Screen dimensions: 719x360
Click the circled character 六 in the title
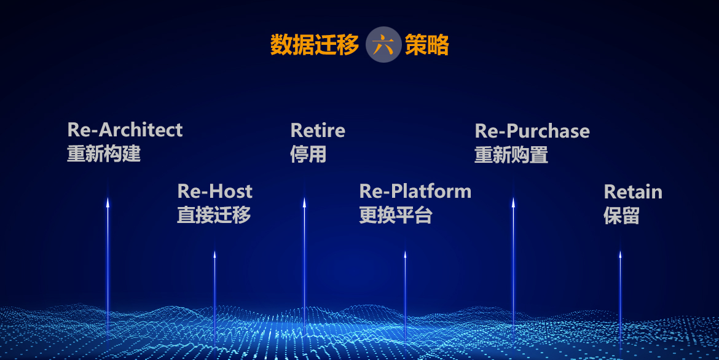[383, 44]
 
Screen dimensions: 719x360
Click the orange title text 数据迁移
[315, 45]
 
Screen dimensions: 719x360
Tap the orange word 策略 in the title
[427, 45]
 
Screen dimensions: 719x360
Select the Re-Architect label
[125, 130]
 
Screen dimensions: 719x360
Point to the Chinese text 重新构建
[104, 154]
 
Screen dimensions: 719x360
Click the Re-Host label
[214, 191]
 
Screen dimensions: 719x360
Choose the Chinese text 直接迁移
[214, 215]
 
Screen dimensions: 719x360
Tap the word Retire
[318, 131]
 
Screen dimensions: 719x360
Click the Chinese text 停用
[308, 155]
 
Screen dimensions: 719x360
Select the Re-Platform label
[415, 191]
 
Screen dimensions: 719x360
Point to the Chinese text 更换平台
[396, 215]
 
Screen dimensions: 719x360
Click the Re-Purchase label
[532, 131]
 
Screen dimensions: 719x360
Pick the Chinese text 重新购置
[511, 155]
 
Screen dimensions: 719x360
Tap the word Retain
[633, 192]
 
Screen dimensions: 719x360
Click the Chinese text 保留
[621, 216]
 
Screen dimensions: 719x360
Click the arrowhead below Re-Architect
[108, 202]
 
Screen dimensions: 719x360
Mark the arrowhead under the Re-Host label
[214, 254]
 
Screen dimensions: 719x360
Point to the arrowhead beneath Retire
[304, 202]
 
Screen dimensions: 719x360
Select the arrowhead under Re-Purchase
[513, 202]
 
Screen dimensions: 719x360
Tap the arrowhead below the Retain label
[620, 254]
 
